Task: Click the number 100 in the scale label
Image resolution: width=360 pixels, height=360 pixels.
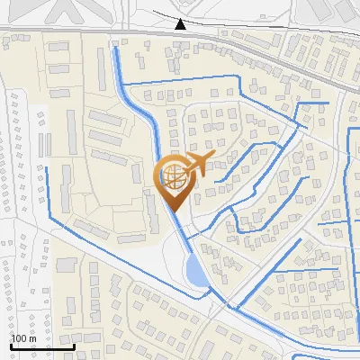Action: point(19,338)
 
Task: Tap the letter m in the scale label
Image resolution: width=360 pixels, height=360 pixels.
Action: point(32,338)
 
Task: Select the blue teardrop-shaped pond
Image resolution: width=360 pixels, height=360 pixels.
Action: point(194,271)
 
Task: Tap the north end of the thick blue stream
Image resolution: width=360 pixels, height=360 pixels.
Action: point(114,47)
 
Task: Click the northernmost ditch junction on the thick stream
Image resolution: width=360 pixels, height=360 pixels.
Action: point(121,84)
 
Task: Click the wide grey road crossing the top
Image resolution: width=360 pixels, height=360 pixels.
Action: point(90,33)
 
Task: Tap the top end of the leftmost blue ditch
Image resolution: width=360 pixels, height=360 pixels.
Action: point(45,166)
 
